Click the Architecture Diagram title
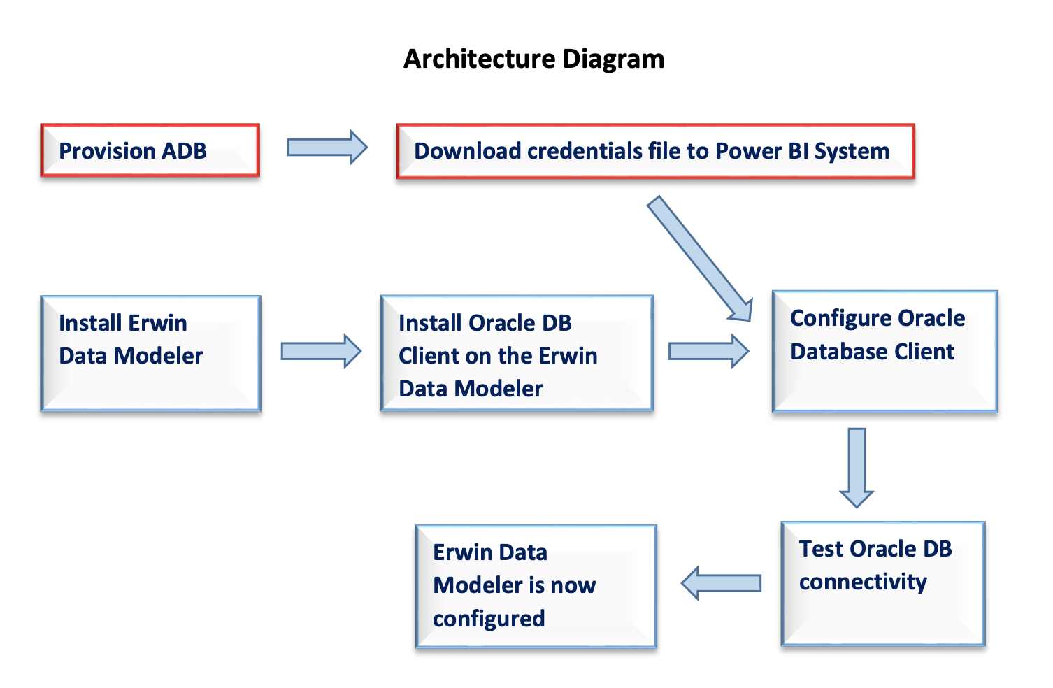[533, 59]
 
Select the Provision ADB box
[150, 150]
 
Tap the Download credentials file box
[655, 151]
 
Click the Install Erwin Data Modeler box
[150, 353]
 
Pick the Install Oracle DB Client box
[517, 353]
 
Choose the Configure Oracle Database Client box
[884, 352]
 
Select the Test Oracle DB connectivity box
[883, 584]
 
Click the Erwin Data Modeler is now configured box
[536, 587]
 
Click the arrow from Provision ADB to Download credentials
[327, 147]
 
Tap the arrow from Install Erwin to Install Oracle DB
[321, 351]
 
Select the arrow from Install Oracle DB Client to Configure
[708, 351]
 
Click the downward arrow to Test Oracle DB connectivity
[857, 468]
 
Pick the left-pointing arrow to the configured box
[721, 583]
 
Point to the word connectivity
[863, 582]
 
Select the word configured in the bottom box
[489, 619]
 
